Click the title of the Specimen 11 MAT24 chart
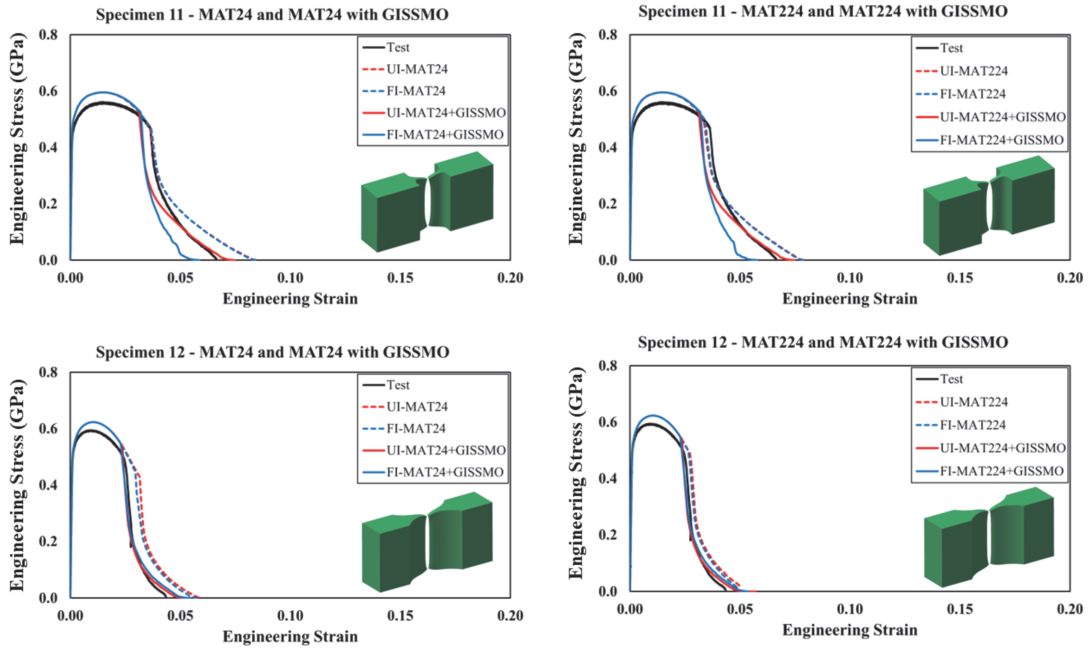[x=272, y=15]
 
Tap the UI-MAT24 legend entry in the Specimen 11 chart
[x=417, y=69]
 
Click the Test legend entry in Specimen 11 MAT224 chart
[x=951, y=48]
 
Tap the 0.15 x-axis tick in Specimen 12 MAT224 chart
[x=960, y=609]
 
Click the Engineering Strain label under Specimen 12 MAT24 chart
[x=290, y=636]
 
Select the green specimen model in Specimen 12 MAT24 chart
[x=427, y=542]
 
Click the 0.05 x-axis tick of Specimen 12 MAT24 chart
[x=180, y=615]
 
